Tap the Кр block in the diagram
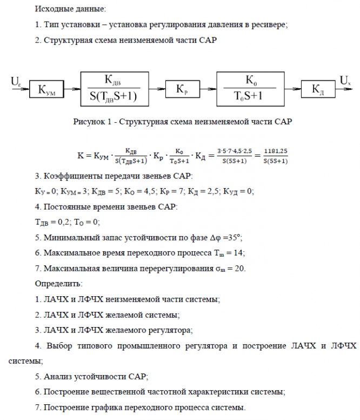pyautogui.click(x=182, y=88)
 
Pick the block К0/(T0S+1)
pyautogui.click(x=251, y=87)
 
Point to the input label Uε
pyautogui.click(x=16, y=81)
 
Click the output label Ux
pyautogui.click(x=346, y=81)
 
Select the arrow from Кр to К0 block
pyautogui.click(x=207, y=88)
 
